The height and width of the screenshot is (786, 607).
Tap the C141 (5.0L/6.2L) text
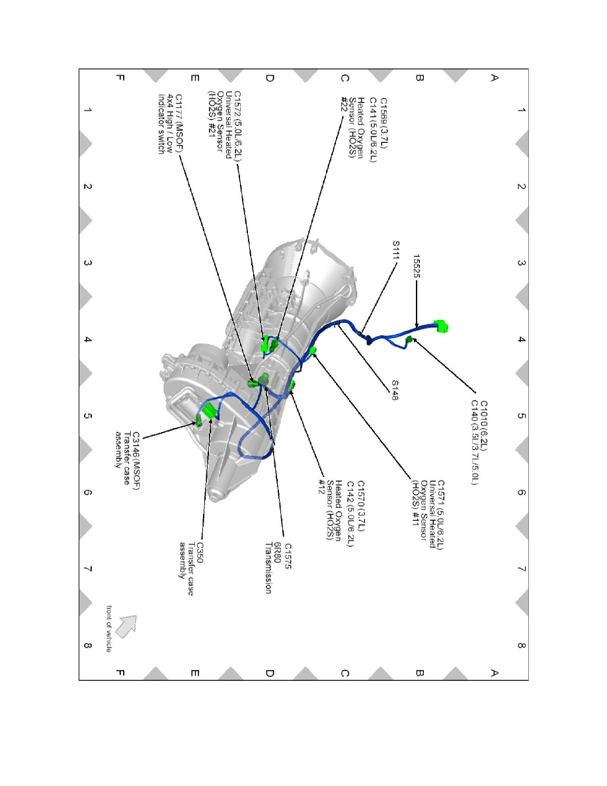373,127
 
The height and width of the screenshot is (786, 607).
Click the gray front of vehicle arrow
126,625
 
